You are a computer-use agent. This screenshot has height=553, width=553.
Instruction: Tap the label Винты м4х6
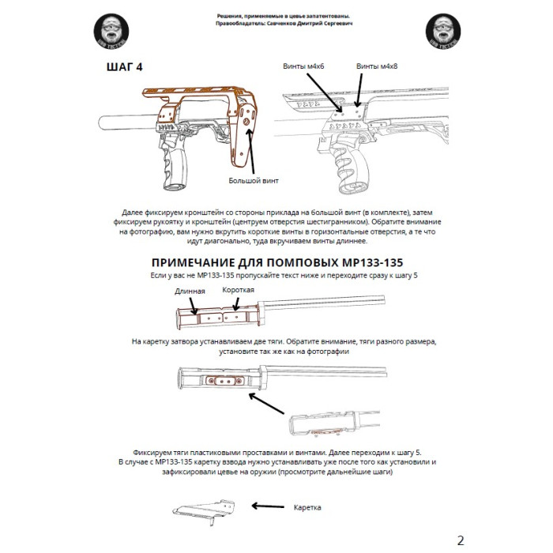302,66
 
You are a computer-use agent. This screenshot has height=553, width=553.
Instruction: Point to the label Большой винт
254,181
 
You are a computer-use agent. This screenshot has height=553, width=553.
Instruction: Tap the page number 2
461,540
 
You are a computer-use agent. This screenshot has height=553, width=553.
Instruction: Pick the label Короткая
237,290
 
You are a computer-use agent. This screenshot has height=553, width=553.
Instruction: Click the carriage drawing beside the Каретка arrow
199,511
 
